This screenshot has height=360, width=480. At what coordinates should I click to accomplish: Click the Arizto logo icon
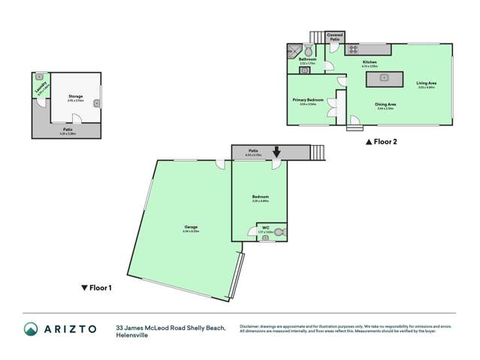[x=31, y=329]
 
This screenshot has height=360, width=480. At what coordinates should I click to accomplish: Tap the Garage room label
[x=191, y=230]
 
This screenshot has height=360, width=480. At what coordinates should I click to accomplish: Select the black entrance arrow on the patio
[x=276, y=153]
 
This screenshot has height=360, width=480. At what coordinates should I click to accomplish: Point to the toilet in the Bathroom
[x=306, y=52]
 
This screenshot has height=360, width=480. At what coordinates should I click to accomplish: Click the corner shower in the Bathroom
[x=291, y=52]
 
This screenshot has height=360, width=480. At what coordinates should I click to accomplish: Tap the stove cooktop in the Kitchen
[x=352, y=51]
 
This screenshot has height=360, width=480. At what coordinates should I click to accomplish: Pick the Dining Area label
[x=385, y=107]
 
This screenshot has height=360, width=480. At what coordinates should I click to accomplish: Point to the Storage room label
[x=75, y=97]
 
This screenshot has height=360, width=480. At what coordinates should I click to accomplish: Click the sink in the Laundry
[x=39, y=77]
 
